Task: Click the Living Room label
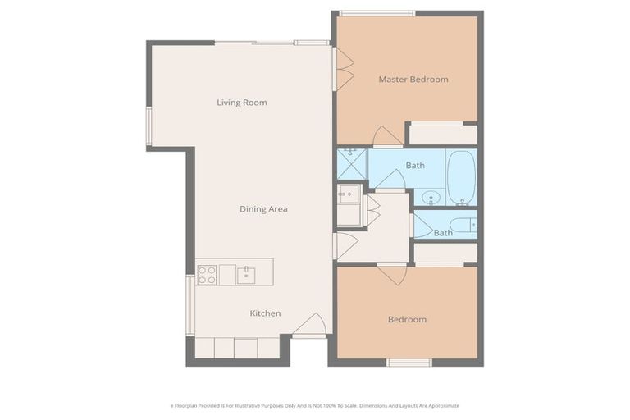[x=242, y=103]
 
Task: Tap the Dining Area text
[x=263, y=209]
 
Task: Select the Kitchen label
[x=265, y=313]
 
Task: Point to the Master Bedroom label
[x=413, y=80]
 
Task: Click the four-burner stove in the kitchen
[x=207, y=274]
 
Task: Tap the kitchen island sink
[x=246, y=275]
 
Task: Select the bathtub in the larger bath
[x=461, y=177]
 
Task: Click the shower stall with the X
[x=351, y=164]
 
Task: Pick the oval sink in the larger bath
[x=431, y=198]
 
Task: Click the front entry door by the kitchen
[x=310, y=326]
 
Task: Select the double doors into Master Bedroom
[x=344, y=69]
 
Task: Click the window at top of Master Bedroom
[x=377, y=13]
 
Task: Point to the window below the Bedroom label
[x=409, y=362]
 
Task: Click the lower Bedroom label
[x=407, y=319]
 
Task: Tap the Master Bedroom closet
[x=443, y=134]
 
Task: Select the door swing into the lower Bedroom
[x=392, y=274]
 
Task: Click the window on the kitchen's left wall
[x=190, y=305]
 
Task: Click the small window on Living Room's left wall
[x=149, y=126]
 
